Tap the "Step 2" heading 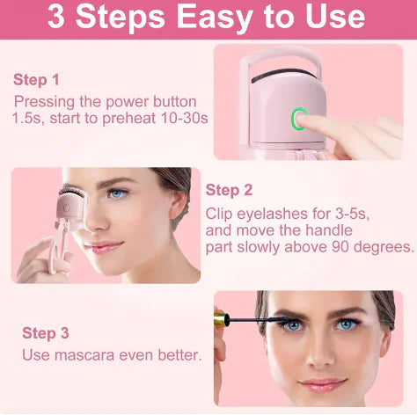tap(230, 190)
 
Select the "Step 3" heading tap(45, 332)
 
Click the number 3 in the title tap(56, 17)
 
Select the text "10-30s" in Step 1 tap(180, 119)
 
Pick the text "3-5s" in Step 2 tap(349, 214)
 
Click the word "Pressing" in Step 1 tap(44, 101)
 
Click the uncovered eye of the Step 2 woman tap(118, 194)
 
